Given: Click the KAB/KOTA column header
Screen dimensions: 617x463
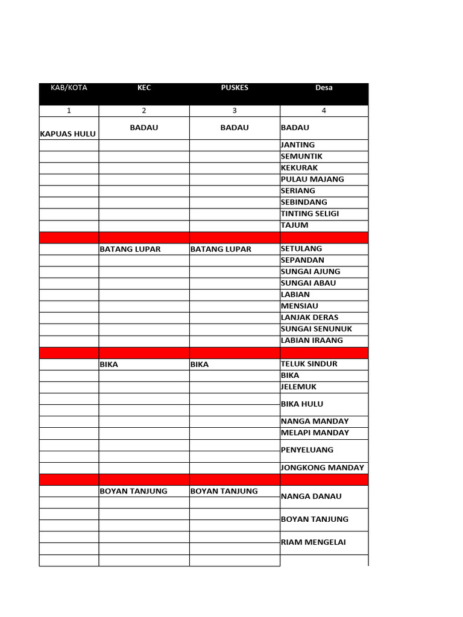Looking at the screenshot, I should [x=69, y=88].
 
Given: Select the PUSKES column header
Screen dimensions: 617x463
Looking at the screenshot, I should [x=235, y=88].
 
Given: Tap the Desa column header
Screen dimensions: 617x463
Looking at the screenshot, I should [x=324, y=88].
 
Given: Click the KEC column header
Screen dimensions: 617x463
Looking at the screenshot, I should [x=144, y=88].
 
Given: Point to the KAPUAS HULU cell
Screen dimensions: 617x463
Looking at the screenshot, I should [x=68, y=134].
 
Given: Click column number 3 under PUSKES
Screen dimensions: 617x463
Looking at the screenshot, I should [x=235, y=111].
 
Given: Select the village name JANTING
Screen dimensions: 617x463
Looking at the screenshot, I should [x=298, y=145].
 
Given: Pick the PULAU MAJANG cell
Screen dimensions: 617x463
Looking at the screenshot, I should [x=312, y=180].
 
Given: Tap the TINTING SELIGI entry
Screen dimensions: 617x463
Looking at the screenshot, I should [x=310, y=214].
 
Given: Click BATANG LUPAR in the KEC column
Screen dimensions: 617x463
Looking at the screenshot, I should [x=130, y=249].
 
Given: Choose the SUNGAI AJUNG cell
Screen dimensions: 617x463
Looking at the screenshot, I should [x=310, y=272].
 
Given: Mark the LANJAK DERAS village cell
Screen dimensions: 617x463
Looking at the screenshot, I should [x=309, y=318].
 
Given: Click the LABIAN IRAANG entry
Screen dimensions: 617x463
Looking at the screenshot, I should [x=312, y=340].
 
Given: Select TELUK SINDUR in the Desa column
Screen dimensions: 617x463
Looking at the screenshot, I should [x=309, y=364].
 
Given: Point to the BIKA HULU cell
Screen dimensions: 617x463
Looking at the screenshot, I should [x=302, y=404].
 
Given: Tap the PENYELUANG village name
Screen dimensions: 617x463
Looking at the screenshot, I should [x=307, y=450].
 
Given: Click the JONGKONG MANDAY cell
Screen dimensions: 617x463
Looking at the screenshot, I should [x=323, y=468].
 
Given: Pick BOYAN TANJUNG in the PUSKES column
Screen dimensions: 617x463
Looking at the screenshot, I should [x=224, y=491].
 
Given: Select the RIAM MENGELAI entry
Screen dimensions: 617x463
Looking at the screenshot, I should [x=313, y=542].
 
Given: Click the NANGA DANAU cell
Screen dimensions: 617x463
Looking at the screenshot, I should [x=311, y=496].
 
